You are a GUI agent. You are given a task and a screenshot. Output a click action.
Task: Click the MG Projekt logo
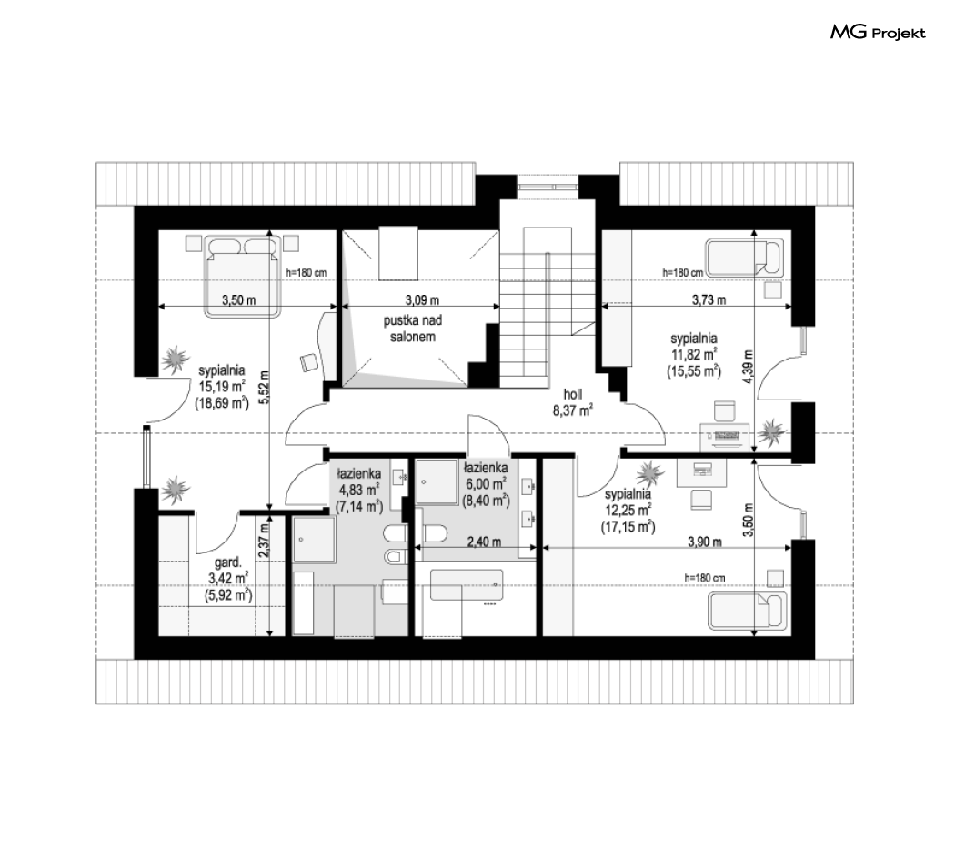(x=878, y=32)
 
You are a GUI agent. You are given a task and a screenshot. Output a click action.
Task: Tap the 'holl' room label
(x=572, y=395)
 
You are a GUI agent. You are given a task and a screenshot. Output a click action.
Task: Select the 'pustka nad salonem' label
(x=413, y=329)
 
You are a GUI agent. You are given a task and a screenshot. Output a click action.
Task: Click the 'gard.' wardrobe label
(x=227, y=562)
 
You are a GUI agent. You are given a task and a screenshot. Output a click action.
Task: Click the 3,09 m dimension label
(x=422, y=299)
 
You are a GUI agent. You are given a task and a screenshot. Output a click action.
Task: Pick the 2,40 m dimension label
(x=484, y=542)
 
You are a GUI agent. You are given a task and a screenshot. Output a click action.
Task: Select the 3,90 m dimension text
(x=705, y=542)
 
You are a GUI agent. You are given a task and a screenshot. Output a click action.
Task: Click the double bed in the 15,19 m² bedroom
(x=243, y=276)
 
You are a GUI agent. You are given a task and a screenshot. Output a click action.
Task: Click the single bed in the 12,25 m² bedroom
(x=747, y=610)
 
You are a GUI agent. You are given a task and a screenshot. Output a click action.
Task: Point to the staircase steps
(x=547, y=310)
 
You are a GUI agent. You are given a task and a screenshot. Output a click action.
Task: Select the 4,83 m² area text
(x=359, y=490)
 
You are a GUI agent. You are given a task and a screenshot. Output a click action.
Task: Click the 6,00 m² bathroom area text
(x=486, y=484)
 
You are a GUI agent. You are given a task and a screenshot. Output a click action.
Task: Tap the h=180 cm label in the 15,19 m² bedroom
(x=307, y=272)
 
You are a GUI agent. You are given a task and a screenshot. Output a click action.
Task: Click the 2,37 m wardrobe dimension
(x=263, y=542)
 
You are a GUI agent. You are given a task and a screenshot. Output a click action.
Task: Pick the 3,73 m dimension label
(x=709, y=299)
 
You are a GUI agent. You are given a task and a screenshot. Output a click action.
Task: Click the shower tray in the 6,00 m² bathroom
(x=437, y=481)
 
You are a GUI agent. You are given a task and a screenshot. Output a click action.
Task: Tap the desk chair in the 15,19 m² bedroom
(x=309, y=362)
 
